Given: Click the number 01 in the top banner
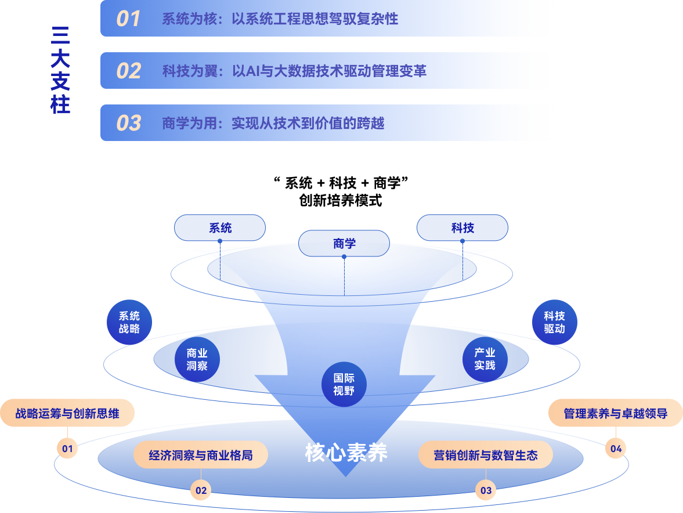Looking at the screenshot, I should click(128, 19).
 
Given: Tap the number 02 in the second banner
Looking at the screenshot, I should click(128, 71).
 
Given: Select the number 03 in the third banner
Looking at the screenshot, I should click(128, 123).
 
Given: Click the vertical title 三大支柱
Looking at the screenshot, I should click(60, 70).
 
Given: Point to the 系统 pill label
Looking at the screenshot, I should click(220, 228).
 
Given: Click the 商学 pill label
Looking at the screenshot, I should click(344, 243).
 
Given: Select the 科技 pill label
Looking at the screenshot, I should click(462, 228).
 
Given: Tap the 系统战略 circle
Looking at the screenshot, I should click(129, 322).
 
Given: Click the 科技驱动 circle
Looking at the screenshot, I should click(554, 322).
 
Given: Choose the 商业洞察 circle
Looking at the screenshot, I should click(197, 359).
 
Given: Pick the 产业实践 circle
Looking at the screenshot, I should click(485, 359).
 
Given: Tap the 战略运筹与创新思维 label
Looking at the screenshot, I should click(67, 414).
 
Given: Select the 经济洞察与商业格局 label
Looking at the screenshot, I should click(201, 455).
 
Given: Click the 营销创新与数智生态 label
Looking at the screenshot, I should click(486, 455).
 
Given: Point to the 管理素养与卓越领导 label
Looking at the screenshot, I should click(616, 414).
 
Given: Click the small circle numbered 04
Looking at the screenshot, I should click(616, 448).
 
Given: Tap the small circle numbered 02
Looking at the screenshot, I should click(201, 490).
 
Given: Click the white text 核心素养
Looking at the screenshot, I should click(346, 453).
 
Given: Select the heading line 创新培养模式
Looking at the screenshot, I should click(341, 201).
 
